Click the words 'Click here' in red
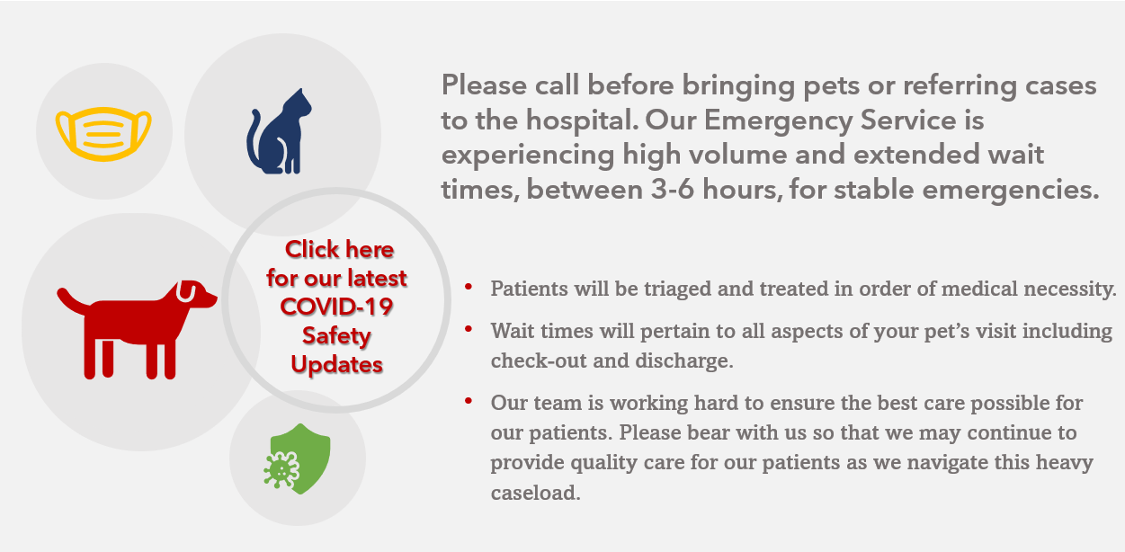(x=339, y=249)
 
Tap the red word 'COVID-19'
(x=336, y=307)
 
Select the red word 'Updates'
(x=336, y=365)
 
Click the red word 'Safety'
(x=336, y=336)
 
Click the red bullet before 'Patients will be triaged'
(x=469, y=288)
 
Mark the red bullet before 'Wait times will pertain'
(x=469, y=329)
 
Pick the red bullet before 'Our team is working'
(x=469, y=401)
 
